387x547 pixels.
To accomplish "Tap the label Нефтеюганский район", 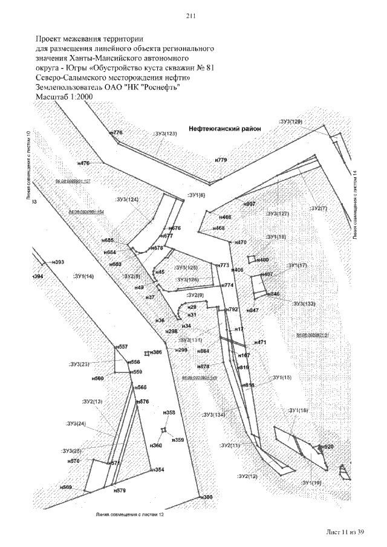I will pyautogui.click(x=224, y=129).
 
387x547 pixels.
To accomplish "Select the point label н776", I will pyautogui.click(x=117, y=132).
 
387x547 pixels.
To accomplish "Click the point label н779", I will pyautogui.click(x=221, y=160).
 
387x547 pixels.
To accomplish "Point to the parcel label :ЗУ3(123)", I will pyautogui.click(x=164, y=133).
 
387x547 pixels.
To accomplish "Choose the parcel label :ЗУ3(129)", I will pyautogui.click(x=290, y=122).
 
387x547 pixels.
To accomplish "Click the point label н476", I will pyautogui.click(x=83, y=163).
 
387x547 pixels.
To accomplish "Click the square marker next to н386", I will pyautogui.click(x=146, y=352).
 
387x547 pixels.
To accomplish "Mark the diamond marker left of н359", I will pyautogui.click(x=163, y=430).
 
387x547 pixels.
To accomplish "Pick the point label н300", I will pyautogui.click(x=207, y=497).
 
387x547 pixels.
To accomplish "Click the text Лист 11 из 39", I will pyautogui.click(x=345, y=531).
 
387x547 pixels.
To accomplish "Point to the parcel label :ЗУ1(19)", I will pyautogui.click(x=312, y=483).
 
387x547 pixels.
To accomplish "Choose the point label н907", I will pyautogui.click(x=249, y=204).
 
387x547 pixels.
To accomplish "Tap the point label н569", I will pyautogui.click(x=66, y=487).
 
